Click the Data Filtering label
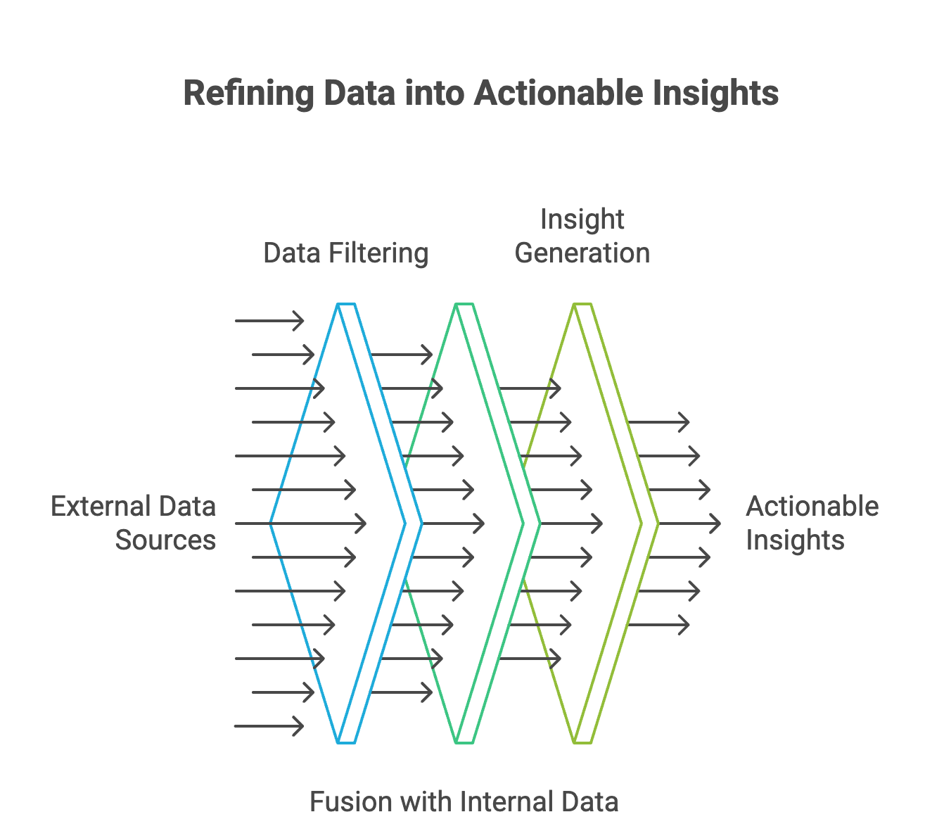345,253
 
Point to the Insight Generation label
582,236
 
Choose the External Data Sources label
133,524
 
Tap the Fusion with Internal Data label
464,802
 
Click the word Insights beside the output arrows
795,540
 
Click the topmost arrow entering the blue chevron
269,321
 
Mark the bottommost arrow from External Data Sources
269,726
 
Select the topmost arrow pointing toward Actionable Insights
658,422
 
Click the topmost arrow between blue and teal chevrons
402,355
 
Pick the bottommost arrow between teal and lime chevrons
530,659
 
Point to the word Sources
165,540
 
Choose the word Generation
582,253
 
